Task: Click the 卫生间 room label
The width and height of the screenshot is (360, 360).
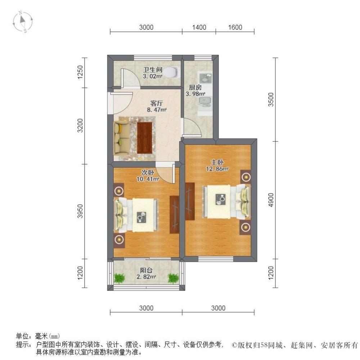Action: point(152,69)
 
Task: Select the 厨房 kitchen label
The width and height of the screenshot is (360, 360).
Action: point(195,87)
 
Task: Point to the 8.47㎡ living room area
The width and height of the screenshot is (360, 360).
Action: point(157,110)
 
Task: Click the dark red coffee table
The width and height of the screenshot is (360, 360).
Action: point(145,138)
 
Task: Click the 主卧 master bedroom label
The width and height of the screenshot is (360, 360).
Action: point(217,162)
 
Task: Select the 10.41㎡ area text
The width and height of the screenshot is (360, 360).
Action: point(148,179)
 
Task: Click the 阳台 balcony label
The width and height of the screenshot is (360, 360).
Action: point(146,270)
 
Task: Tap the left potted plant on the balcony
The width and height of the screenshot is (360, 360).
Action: point(120,278)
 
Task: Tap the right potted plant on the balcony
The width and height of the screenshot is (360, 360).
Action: point(173,278)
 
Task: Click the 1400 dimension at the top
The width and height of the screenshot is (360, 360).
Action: point(199,27)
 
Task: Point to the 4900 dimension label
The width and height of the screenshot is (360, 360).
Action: point(271,200)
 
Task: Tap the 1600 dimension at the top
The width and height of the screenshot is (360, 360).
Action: point(235,27)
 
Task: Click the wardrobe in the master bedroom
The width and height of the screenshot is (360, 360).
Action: point(190,201)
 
